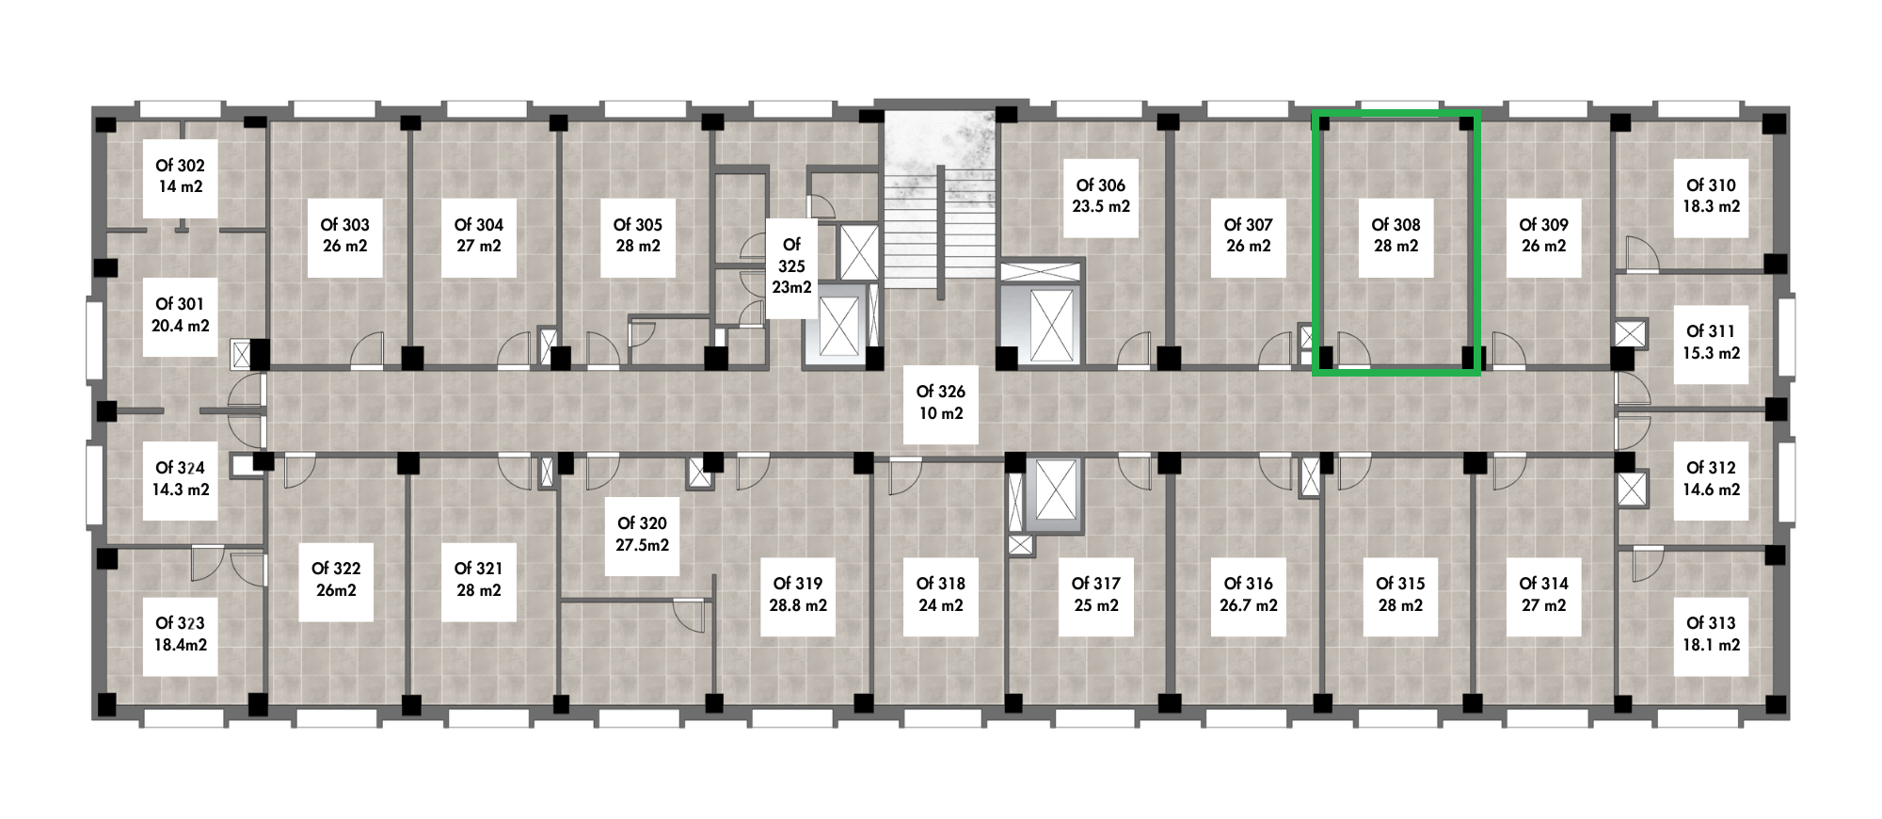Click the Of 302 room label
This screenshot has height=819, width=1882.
pyautogui.click(x=180, y=176)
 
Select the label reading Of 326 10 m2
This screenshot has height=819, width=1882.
pyautogui.click(x=941, y=403)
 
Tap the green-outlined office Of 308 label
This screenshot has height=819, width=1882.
pyautogui.click(x=1396, y=235)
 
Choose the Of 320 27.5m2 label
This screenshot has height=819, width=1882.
pyautogui.click(x=643, y=535)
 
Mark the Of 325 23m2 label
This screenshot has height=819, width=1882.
pyautogui.click(x=791, y=266)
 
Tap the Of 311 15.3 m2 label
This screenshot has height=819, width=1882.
pyautogui.click(x=1710, y=343)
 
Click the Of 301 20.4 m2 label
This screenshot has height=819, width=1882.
pyautogui.click(x=180, y=315)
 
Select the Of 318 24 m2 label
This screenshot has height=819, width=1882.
pyautogui.click(x=941, y=595)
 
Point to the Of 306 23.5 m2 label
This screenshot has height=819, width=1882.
pyautogui.click(x=1101, y=197)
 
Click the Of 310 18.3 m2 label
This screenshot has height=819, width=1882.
pyautogui.click(x=1710, y=197)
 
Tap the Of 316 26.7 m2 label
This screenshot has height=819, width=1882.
pyautogui.click(x=1248, y=595)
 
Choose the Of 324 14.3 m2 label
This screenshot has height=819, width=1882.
pyautogui.click(x=180, y=479)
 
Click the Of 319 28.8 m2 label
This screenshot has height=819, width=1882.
pyautogui.click(x=798, y=595)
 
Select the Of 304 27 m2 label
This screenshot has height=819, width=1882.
pyautogui.click(x=478, y=235)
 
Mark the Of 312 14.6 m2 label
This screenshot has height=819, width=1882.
pyautogui.click(x=1710, y=479)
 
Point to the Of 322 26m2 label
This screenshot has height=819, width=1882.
pyautogui.click(x=336, y=580)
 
